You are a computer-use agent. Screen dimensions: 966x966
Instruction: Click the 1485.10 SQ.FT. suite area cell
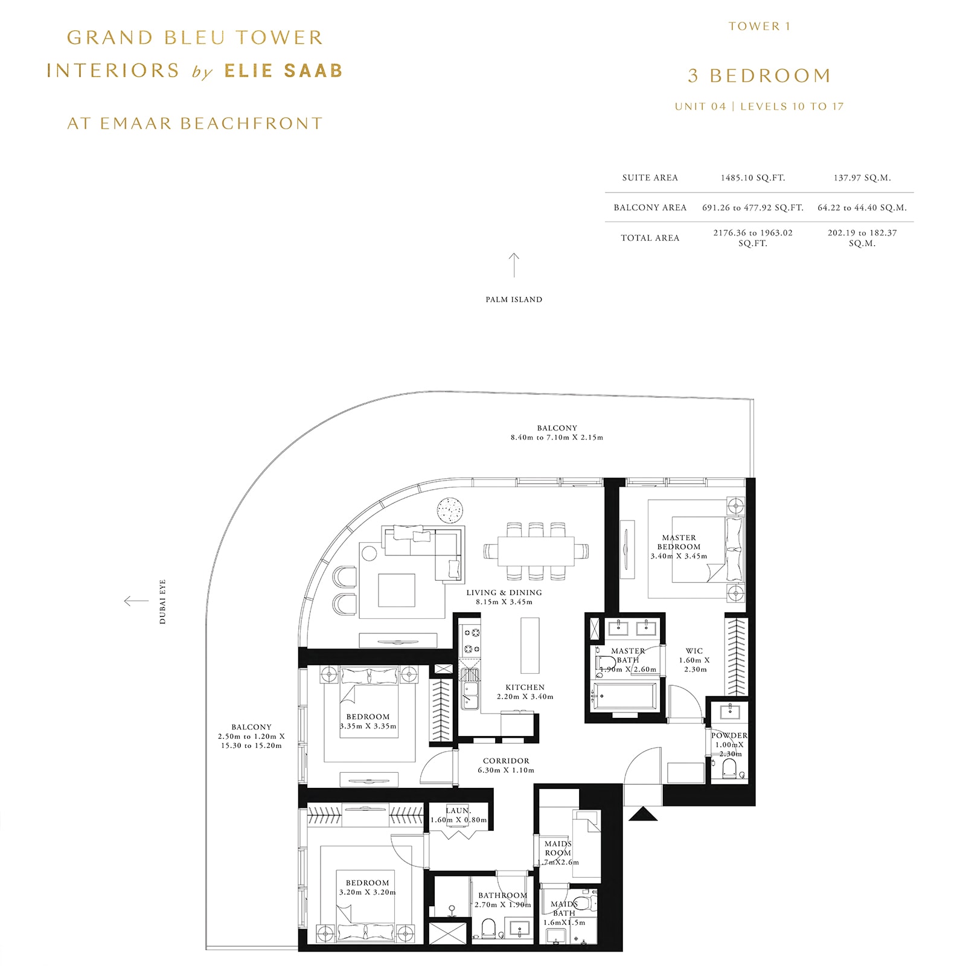point(752,178)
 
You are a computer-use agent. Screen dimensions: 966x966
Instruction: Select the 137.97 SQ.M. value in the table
point(862,178)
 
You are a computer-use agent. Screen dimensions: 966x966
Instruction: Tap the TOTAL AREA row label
point(650,238)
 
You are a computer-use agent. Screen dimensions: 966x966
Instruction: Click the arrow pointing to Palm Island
point(514,265)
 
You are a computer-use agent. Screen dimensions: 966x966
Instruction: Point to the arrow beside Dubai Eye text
point(136,601)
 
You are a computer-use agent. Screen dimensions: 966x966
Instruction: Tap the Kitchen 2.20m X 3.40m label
point(525,691)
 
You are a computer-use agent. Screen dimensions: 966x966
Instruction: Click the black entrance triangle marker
point(643,814)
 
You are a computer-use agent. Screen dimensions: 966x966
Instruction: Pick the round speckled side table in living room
point(450,510)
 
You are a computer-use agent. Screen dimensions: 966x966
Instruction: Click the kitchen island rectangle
point(529,645)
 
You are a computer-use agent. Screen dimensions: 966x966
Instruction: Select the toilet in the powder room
point(729,769)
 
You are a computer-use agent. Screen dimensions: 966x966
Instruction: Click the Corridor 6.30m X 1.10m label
point(506,765)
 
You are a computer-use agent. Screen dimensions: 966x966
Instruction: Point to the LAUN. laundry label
point(458,811)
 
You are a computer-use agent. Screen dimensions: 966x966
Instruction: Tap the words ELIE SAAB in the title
point(283,71)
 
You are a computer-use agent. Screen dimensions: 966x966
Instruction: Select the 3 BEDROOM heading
point(760,76)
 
